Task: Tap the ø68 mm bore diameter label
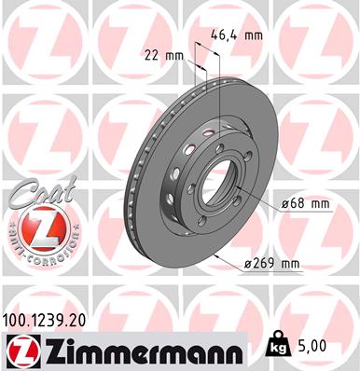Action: coord(304,202)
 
